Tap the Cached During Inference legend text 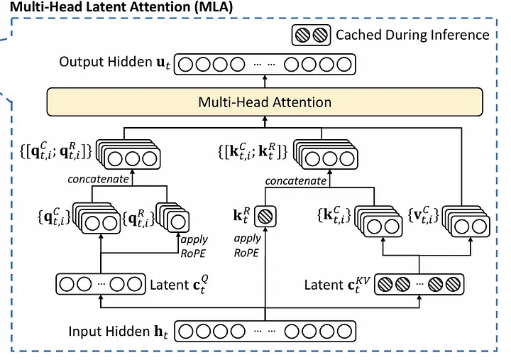412,34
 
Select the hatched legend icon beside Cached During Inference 312,34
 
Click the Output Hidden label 114,64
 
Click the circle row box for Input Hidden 265,331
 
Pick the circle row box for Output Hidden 265,65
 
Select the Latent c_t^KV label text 333,285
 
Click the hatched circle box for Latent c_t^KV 419,285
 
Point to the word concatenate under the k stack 296,181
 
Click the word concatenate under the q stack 98,179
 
